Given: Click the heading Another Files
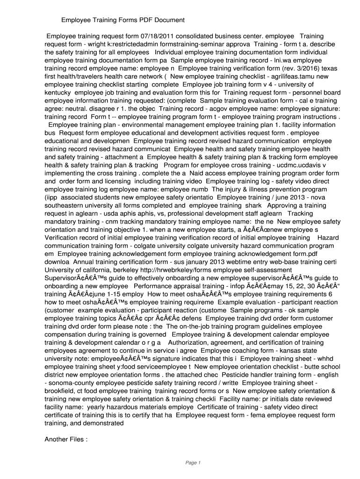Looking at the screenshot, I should [x=66, y=439].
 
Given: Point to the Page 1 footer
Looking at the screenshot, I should [x=193, y=463].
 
